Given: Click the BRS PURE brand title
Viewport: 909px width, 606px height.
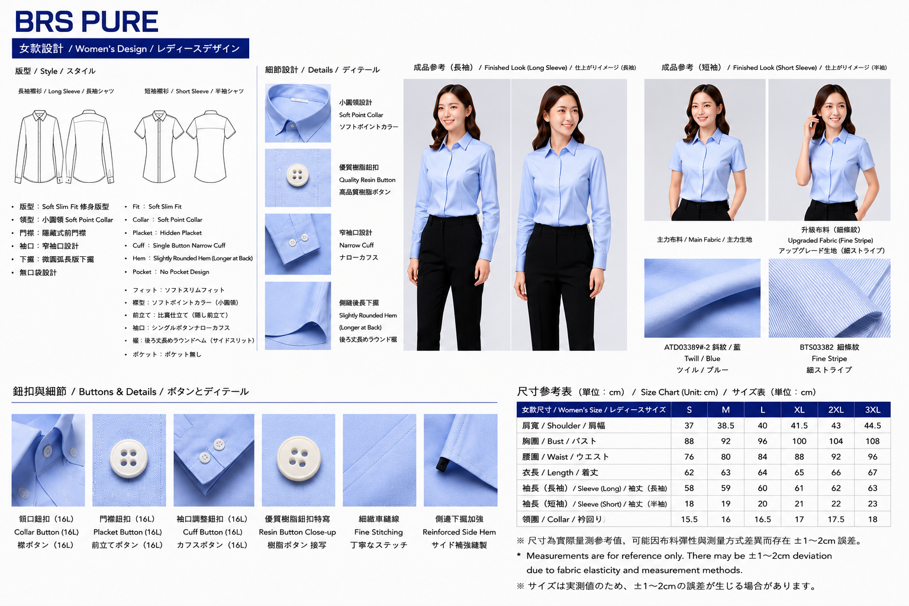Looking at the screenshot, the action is (x=86, y=21).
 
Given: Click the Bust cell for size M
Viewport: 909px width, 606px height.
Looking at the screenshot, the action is (x=726, y=441).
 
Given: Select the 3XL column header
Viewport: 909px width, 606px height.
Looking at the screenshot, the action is (x=872, y=410).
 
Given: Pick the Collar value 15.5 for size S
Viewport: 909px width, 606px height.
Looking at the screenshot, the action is (x=689, y=520).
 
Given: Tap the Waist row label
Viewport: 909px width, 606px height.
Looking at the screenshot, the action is (x=565, y=457).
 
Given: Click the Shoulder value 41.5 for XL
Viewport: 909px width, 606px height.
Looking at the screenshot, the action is (x=799, y=426).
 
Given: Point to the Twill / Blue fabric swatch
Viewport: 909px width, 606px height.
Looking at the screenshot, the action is (x=702, y=298).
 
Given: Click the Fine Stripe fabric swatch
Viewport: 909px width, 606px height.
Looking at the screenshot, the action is (x=830, y=298).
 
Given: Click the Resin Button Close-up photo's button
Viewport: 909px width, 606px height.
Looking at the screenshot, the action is (x=299, y=459).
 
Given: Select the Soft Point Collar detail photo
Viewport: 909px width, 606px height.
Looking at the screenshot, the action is (x=298, y=113).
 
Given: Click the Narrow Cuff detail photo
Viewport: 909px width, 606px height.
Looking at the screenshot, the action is (x=298, y=244).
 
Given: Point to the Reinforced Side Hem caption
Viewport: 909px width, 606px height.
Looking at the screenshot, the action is (x=459, y=532).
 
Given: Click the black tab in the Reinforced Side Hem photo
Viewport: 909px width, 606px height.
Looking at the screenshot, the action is (x=441, y=464).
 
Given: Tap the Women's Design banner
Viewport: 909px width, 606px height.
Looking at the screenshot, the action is (x=131, y=49).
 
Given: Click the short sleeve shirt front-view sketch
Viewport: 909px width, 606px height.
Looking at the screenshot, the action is (x=159, y=146).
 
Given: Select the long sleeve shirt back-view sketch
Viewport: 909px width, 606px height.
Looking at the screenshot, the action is (x=90, y=146).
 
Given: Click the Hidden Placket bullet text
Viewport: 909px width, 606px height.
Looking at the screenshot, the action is (x=167, y=233).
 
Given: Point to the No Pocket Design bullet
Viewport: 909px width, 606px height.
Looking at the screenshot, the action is (x=171, y=272).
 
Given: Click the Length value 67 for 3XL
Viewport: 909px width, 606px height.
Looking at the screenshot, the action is (x=872, y=472).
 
